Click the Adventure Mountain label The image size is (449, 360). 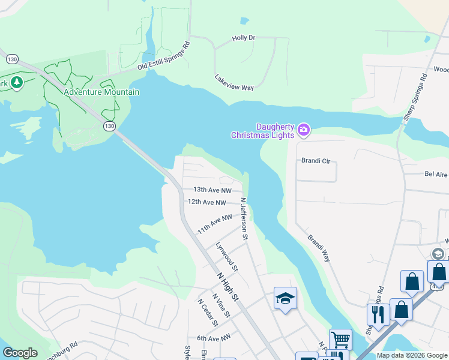pos(101,92)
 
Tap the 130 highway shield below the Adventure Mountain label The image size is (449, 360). pos(109,126)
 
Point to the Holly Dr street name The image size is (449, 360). pos(244,38)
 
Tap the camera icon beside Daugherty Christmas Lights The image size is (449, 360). pos(304,130)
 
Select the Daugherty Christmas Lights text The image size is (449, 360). pos(263,131)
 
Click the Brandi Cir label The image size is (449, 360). pos(315,161)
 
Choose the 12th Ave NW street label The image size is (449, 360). pos(207,203)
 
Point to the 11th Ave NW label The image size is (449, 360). pos(215,224)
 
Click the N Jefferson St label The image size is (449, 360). pos(244,219)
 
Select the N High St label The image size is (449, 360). pos(228,287)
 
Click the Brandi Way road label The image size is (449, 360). pos(319,248)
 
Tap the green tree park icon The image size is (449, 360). pos(16,83)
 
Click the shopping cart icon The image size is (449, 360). pos(340,340)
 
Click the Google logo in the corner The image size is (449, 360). pos(20,353)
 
